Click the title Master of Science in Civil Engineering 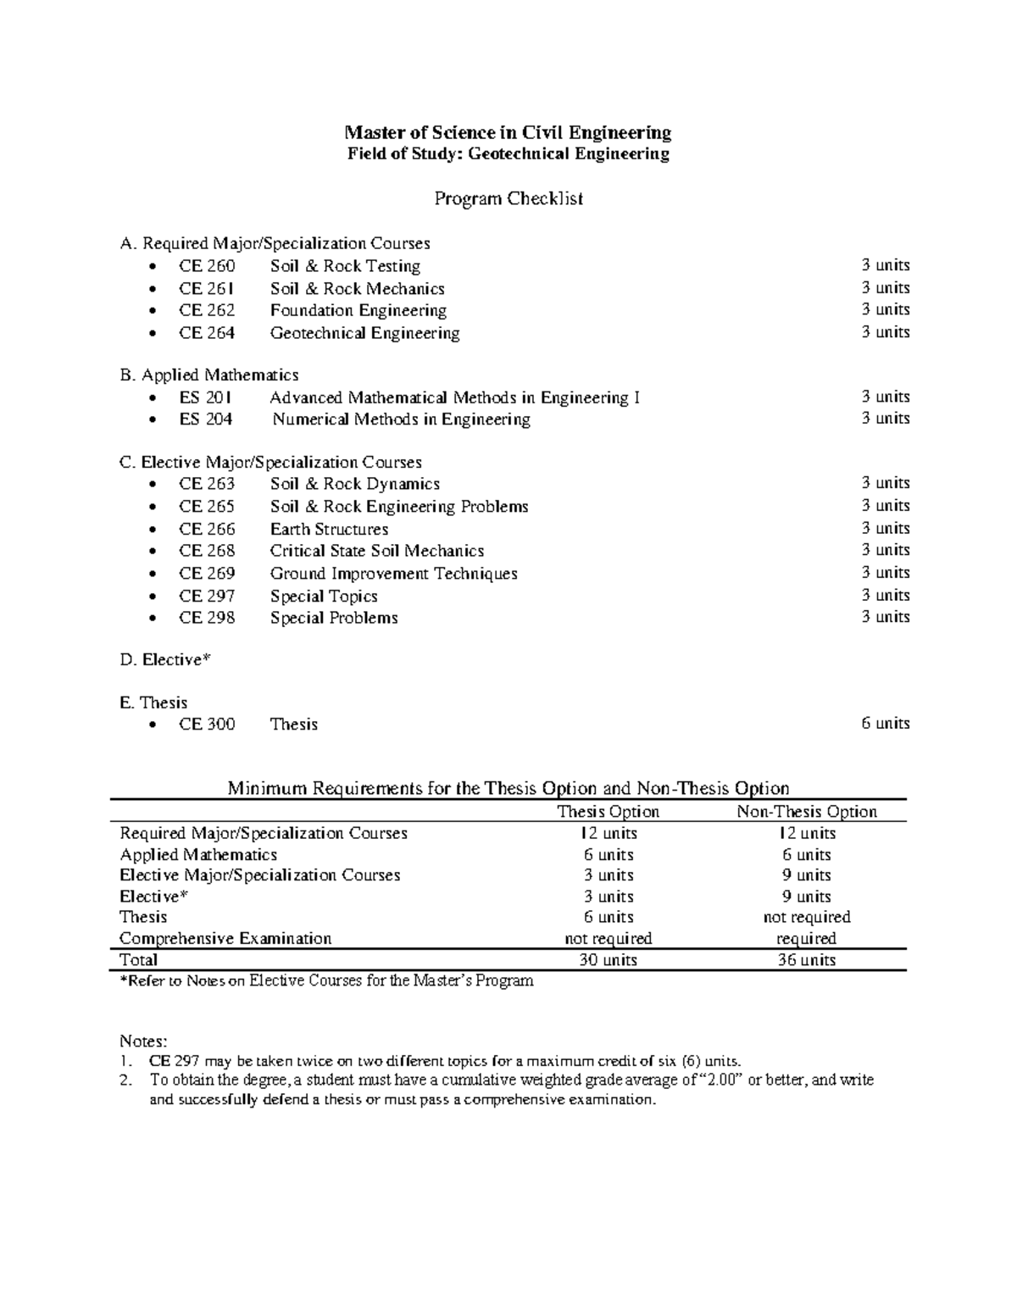coord(507,132)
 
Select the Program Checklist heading coord(508,199)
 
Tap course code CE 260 coord(207,266)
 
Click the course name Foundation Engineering coord(358,310)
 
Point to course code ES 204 coord(206,419)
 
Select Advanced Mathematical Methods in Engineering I coord(454,397)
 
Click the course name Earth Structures coord(329,529)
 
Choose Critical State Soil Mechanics coord(377,551)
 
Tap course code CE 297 coord(207,596)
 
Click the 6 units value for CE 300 coord(886,724)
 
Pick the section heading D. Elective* coord(164,659)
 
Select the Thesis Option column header coord(608,812)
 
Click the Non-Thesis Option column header coord(806,812)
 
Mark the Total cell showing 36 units coord(806,960)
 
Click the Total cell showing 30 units coord(608,960)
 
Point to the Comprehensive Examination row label coord(225,939)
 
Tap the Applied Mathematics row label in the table coord(198,855)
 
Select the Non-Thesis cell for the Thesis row coord(806,918)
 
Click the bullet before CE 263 coord(152,485)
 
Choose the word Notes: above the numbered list coord(144,1041)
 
